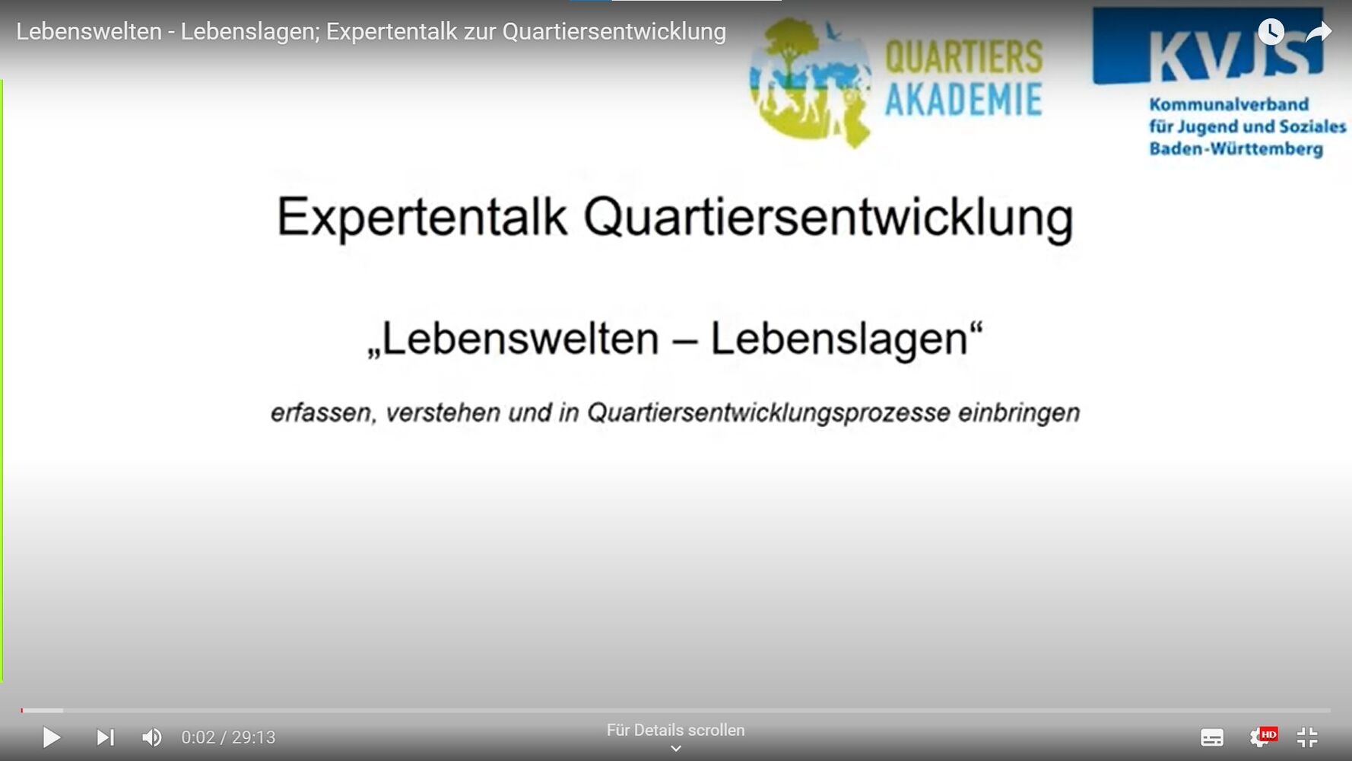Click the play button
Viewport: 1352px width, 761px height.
52,737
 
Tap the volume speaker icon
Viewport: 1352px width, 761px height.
152,737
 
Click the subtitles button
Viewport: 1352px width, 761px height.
1212,737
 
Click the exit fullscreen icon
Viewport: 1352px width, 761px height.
1307,737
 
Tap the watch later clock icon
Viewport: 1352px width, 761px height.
1271,32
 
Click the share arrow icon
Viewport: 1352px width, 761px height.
1319,32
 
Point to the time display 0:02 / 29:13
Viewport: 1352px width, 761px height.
228,737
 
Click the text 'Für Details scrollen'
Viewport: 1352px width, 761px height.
675,731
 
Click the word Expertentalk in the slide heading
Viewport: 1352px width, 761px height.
422,218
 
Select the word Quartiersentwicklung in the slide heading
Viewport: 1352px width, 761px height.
829,218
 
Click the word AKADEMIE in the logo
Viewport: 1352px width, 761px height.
963,100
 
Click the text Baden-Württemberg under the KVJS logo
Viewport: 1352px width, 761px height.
1236,149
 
